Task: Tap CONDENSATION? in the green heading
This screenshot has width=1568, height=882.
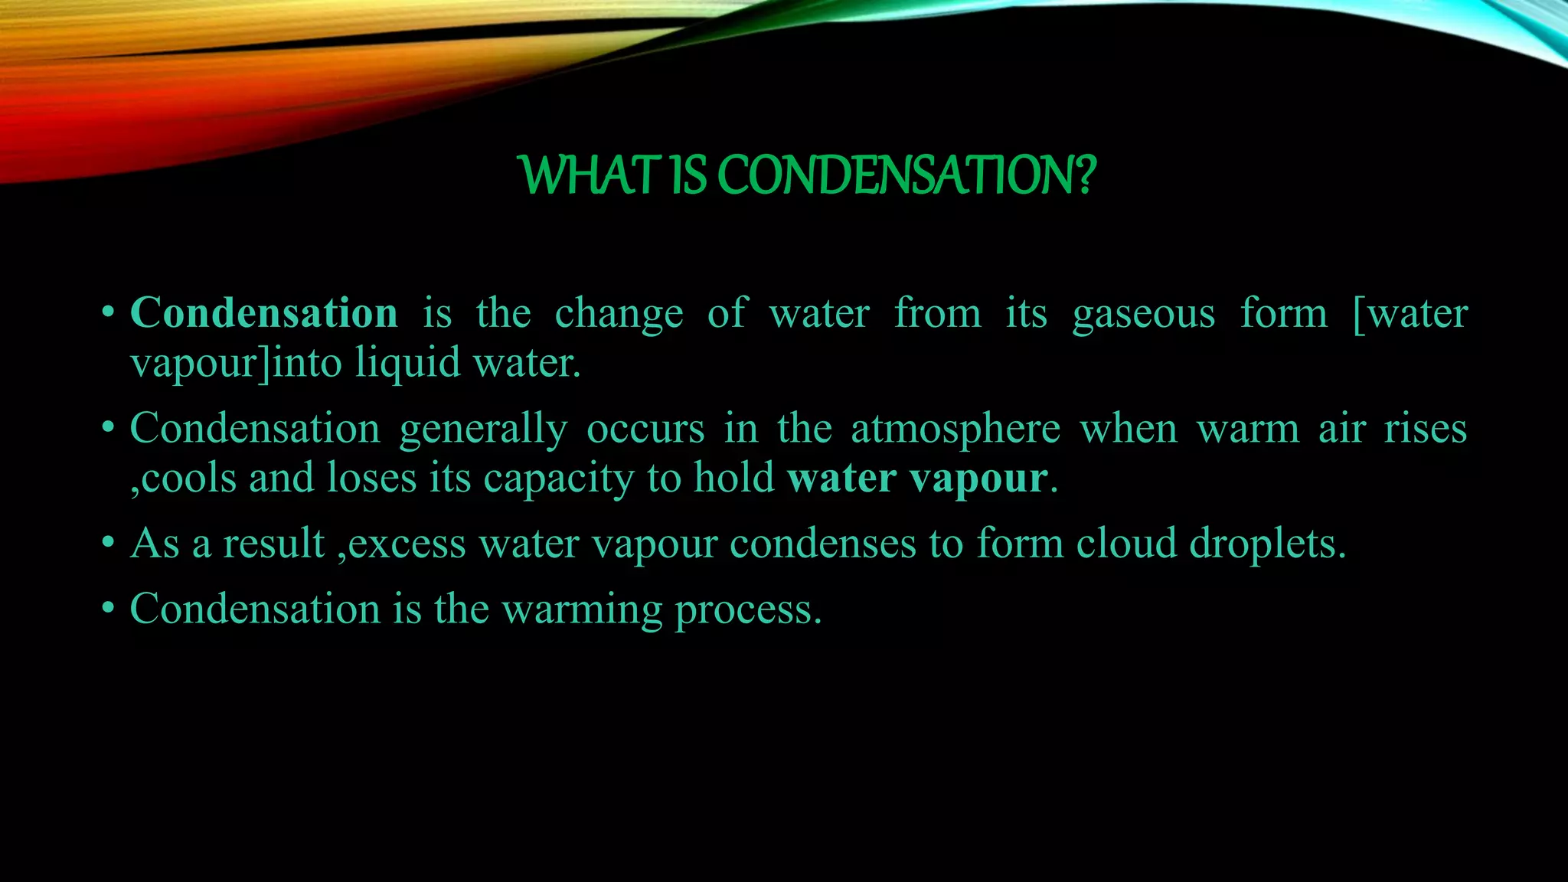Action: point(906,175)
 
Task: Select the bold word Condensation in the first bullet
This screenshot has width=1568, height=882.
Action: point(264,313)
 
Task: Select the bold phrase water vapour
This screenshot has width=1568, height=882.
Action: point(917,479)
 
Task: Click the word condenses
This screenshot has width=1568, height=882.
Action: point(823,544)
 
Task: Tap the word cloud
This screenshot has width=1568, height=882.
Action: point(1127,544)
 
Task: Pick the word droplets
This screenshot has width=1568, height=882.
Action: point(1267,545)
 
